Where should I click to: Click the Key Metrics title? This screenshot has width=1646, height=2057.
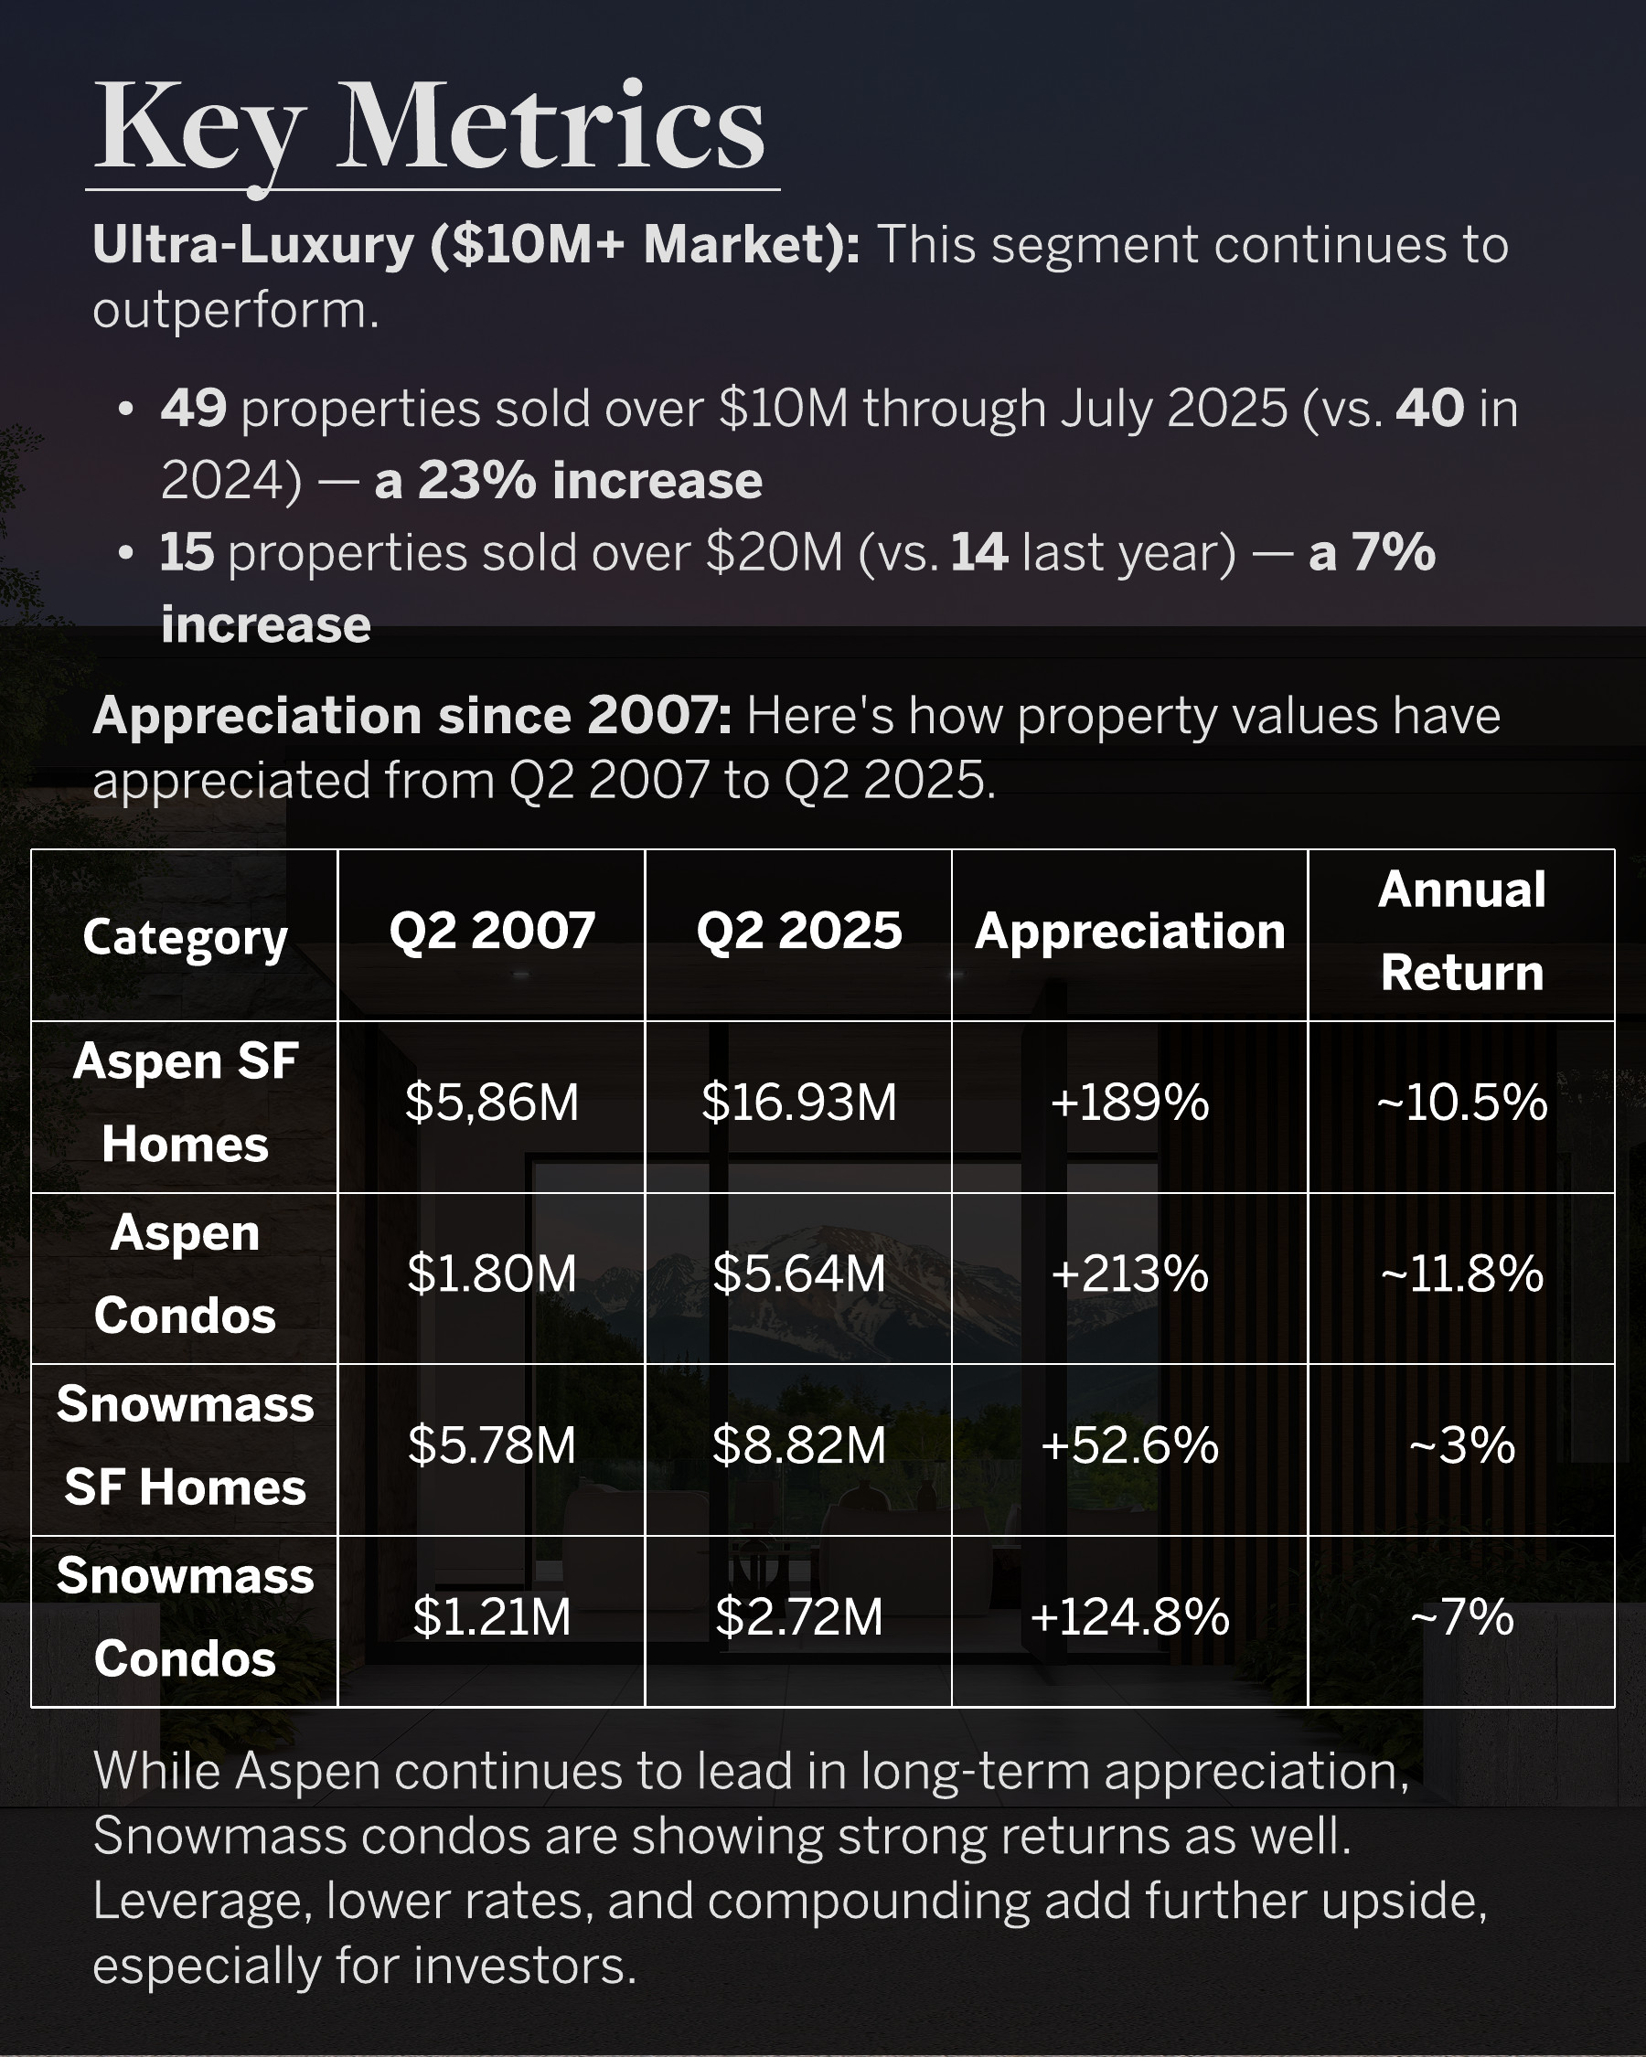[430, 129]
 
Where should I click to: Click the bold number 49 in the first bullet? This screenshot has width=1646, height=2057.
[194, 409]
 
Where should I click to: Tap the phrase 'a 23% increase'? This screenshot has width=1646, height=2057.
[569, 480]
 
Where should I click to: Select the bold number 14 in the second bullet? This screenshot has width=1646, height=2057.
[979, 552]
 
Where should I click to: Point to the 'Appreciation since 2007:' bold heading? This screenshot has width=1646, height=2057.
[412, 716]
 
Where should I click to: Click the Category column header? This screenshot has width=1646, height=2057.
[185, 937]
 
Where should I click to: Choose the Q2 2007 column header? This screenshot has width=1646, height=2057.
[492, 932]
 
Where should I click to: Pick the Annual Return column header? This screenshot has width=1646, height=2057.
[1461, 932]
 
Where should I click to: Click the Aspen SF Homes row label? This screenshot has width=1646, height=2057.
[185, 1103]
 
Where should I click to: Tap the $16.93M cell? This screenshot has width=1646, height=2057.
[798, 1103]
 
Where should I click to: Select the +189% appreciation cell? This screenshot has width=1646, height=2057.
[1129, 1103]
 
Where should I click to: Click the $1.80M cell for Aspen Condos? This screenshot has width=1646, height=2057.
[492, 1274]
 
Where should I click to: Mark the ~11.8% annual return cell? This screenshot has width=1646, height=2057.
[1461, 1274]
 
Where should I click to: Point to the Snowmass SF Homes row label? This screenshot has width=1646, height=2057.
[185, 1445]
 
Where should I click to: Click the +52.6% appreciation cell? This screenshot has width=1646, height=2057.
[1129, 1445]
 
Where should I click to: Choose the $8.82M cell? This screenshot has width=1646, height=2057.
[798, 1445]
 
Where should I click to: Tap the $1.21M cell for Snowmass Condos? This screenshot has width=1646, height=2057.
[492, 1617]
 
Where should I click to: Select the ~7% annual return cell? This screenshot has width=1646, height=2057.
[1461, 1617]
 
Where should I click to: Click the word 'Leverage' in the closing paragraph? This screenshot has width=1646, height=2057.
[201, 1902]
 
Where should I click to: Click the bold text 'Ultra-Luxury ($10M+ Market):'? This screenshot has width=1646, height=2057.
[476, 245]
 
